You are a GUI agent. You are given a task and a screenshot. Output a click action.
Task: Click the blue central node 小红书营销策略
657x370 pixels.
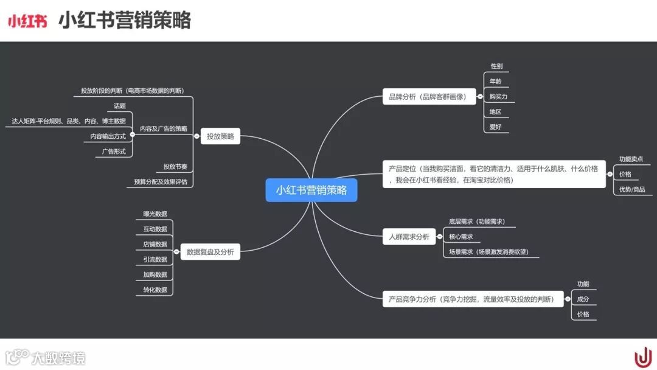[x=311, y=190]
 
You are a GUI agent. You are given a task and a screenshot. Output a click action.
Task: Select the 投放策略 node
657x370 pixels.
[x=220, y=137]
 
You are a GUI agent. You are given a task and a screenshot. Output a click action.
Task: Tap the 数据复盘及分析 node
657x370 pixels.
[x=210, y=251]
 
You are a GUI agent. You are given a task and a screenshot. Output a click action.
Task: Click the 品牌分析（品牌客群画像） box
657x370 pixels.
[x=429, y=96]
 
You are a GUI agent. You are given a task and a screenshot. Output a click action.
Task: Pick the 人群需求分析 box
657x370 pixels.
[x=409, y=237]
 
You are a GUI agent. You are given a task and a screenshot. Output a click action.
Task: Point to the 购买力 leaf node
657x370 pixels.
[x=498, y=97]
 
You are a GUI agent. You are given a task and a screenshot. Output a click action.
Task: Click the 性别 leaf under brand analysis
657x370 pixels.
[x=496, y=66]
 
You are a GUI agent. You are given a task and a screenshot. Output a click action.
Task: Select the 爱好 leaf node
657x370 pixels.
[x=496, y=127]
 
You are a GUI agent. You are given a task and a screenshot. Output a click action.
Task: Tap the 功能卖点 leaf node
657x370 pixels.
[x=631, y=159]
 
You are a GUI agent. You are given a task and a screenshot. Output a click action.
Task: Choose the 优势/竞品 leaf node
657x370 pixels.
[x=632, y=189]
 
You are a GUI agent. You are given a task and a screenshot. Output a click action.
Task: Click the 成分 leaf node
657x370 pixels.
[x=583, y=299]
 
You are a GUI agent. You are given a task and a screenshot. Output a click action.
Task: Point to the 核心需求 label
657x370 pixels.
[x=461, y=237]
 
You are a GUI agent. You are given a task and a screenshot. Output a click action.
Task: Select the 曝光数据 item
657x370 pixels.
[x=155, y=214]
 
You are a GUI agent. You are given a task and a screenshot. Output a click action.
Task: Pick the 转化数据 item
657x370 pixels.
[x=155, y=290]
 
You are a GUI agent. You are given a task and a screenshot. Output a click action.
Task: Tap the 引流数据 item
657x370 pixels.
[x=155, y=259]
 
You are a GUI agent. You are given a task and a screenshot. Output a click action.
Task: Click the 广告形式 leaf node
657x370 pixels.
[x=113, y=152]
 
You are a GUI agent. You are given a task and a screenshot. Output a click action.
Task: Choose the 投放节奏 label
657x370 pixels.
[x=175, y=167]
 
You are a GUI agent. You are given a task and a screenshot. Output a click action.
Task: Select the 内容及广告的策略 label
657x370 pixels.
[x=164, y=129]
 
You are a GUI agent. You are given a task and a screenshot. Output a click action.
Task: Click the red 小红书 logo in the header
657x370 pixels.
[x=27, y=21]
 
